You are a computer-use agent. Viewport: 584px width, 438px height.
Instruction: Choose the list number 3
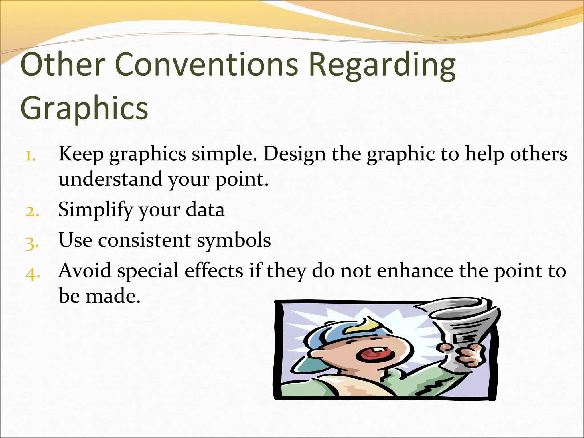32,243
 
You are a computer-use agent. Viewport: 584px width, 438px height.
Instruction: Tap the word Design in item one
294,154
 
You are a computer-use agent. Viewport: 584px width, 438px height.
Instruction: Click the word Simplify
96,210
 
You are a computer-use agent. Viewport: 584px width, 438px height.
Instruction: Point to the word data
205,210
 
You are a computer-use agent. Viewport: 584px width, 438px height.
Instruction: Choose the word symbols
234,241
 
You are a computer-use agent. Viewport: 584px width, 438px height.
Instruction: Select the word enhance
415,271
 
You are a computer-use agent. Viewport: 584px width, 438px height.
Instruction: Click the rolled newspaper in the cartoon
462,328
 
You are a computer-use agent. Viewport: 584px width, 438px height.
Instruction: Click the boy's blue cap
328,336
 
